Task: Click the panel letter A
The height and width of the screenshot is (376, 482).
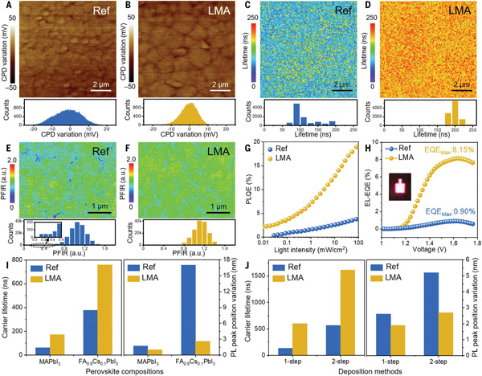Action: [6, 6]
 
